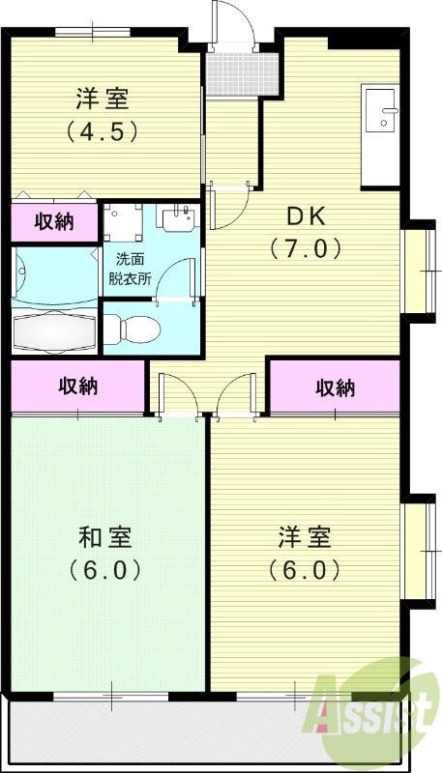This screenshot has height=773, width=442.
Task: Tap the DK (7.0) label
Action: click(305, 232)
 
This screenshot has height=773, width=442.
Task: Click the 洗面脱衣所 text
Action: click(133, 267)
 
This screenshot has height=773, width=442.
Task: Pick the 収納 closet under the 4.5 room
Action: click(54, 221)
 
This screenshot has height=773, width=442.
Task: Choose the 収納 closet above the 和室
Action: click(78, 386)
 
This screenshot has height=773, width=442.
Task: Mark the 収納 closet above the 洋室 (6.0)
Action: click(334, 387)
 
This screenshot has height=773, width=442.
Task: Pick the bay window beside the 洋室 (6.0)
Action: click(419, 549)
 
